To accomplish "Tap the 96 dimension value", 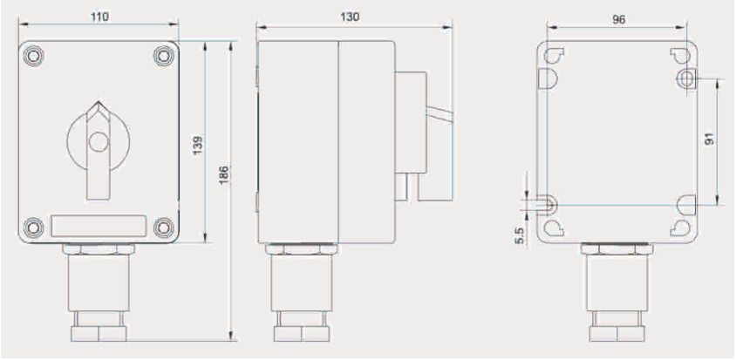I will coord(619,19).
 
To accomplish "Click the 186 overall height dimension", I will coord(224,175).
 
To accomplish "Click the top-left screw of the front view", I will coord(32,54).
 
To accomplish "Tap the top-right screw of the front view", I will coord(163,54).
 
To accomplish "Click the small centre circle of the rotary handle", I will coord(99,140).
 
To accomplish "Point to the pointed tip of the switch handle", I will coord(99,105).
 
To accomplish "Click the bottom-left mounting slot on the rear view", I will coord(549,205).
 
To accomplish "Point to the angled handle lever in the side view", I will coord(441,117).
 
